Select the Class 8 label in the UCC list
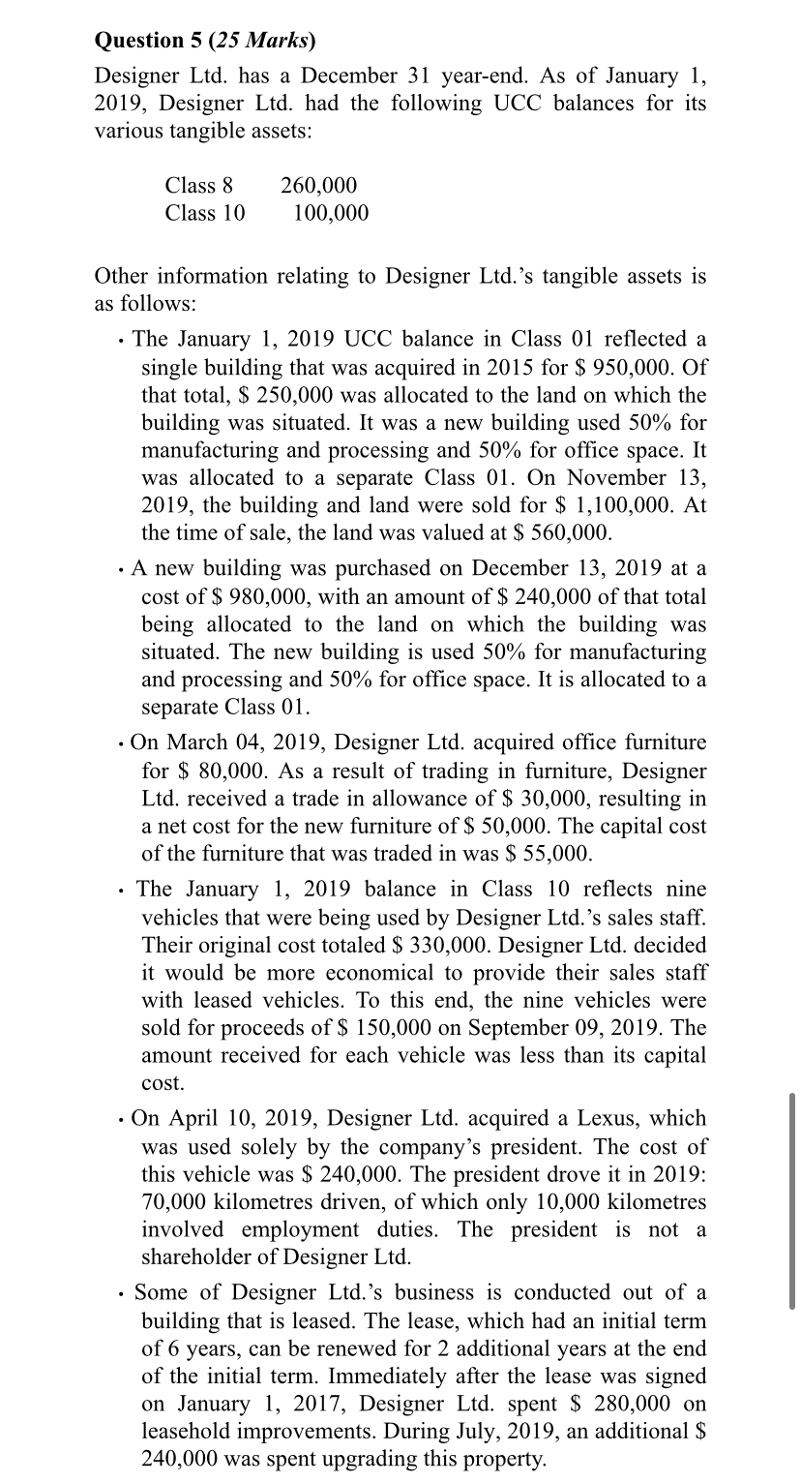pyautogui.click(x=199, y=185)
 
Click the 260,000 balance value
pyautogui.click(x=318, y=185)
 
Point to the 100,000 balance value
pyautogui.click(x=330, y=212)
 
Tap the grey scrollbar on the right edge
pyautogui.click(x=790, y=1200)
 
